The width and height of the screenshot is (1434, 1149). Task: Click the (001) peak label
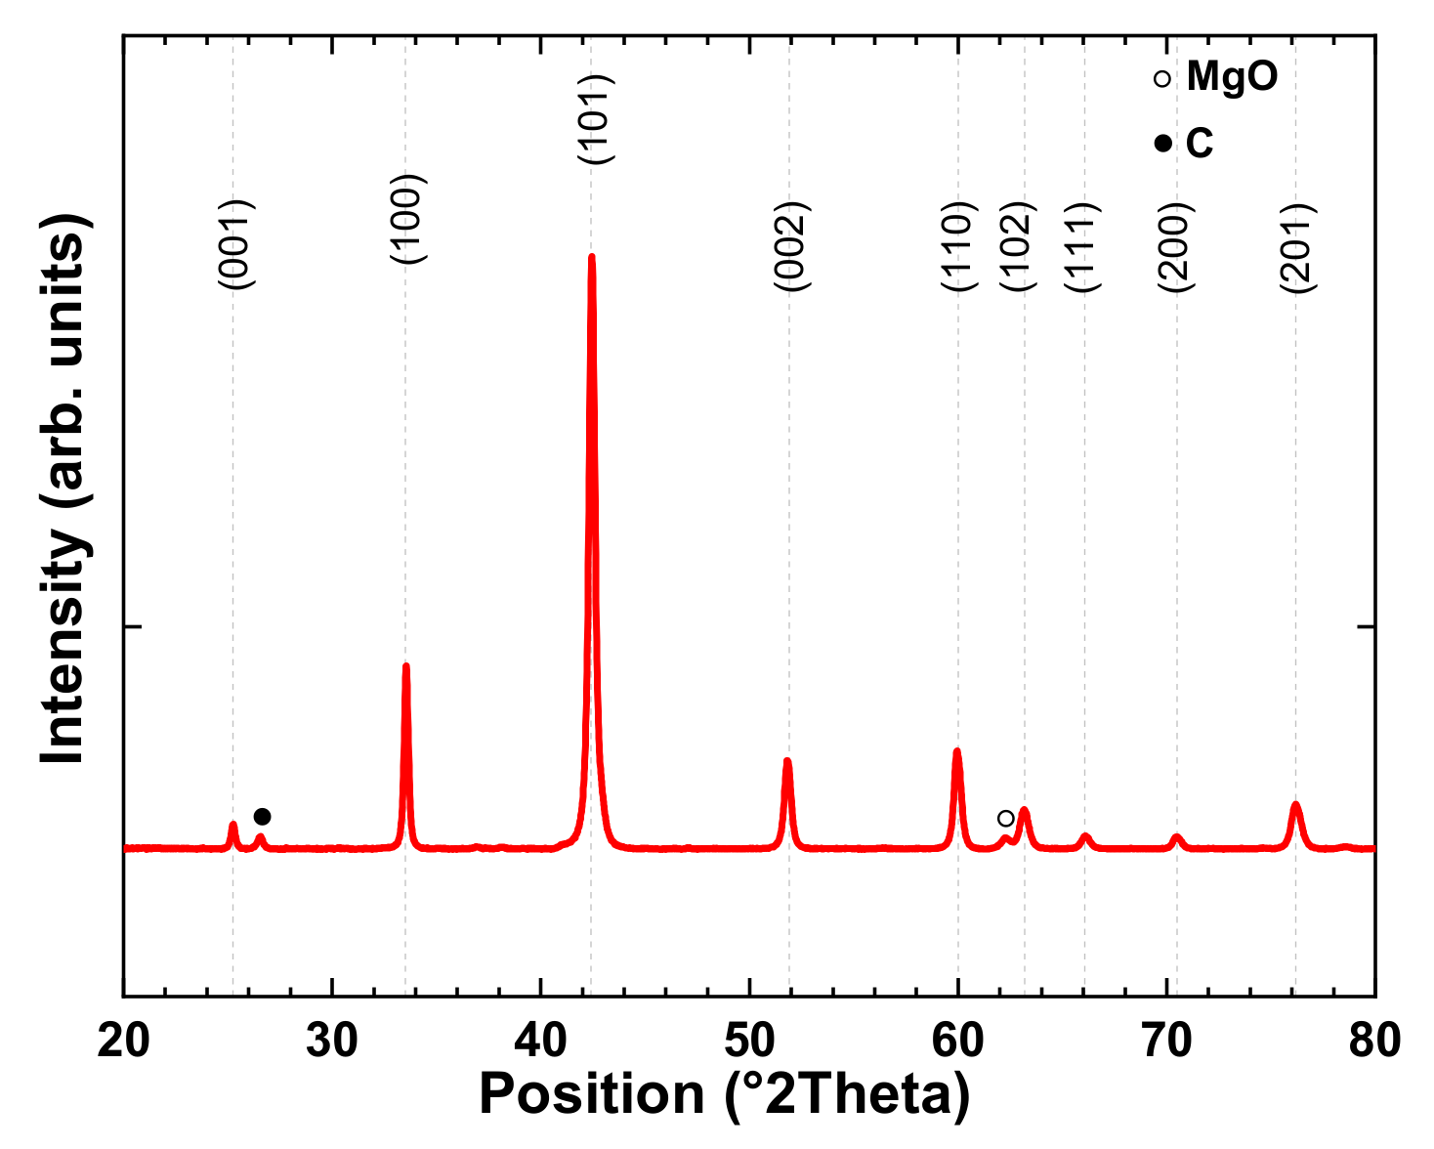click(236, 244)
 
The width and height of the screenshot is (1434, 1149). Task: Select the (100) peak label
click(406, 219)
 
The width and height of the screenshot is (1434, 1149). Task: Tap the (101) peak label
click(594, 119)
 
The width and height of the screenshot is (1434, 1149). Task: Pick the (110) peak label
click(958, 246)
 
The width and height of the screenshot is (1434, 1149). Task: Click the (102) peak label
click(1017, 246)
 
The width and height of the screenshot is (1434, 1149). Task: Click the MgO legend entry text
click(1232, 76)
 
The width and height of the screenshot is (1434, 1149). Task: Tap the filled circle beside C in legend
click(1162, 144)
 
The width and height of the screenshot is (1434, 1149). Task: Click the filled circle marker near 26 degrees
click(262, 817)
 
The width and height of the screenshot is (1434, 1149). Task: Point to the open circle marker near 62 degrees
click(1005, 818)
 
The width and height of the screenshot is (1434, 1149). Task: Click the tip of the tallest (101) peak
click(591, 257)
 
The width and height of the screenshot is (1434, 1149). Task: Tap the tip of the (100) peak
click(405, 666)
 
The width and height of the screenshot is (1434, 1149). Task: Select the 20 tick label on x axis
click(123, 1042)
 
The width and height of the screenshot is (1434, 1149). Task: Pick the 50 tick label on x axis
click(749, 1042)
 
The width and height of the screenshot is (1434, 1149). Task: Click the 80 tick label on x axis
click(1374, 1042)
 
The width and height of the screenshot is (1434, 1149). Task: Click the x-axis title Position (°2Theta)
click(724, 1094)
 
